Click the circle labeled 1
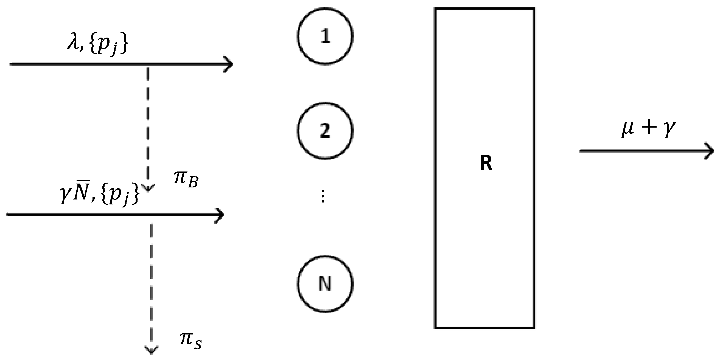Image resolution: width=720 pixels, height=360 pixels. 325,36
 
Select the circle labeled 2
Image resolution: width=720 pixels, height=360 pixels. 325,131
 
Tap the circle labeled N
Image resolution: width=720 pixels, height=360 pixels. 325,283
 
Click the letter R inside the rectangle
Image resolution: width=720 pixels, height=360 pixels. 486,163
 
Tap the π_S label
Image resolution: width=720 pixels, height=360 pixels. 190,341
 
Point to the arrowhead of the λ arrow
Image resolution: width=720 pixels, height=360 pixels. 229,64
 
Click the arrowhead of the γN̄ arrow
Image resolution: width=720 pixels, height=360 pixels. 220,215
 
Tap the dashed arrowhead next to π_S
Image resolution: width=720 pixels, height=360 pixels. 151,349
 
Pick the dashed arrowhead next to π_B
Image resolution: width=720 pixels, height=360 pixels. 148,188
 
